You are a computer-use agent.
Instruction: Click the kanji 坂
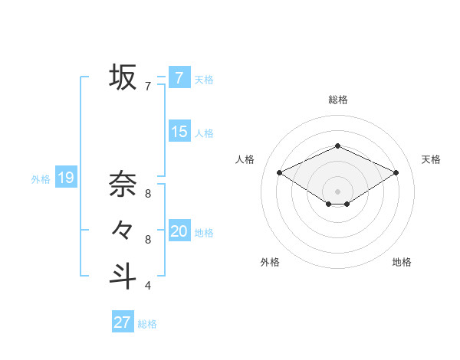[123, 77]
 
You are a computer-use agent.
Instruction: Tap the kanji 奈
[123, 184]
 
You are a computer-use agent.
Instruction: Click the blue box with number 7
[179, 77]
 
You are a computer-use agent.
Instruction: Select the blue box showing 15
[179, 132]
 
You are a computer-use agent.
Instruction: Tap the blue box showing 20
[179, 231]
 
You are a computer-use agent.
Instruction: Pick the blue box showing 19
[65, 178]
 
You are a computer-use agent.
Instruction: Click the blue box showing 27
[122, 322]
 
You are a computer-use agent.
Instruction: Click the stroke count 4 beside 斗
[147, 286]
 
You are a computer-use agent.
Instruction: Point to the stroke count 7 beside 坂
[147, 87]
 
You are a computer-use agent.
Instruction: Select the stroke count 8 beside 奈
[147, 194]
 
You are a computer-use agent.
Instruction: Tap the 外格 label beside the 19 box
[41, 179]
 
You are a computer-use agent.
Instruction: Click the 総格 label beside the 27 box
[147, 324]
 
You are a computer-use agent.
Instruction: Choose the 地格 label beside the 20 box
[204, 233]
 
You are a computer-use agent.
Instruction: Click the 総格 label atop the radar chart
[337, 100]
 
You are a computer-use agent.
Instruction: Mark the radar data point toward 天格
[396, 172]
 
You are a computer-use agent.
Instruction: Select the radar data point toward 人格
[279, 172]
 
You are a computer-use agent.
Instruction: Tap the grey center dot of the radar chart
[337, 190]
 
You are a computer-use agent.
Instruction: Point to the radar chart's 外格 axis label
[270, 262]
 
